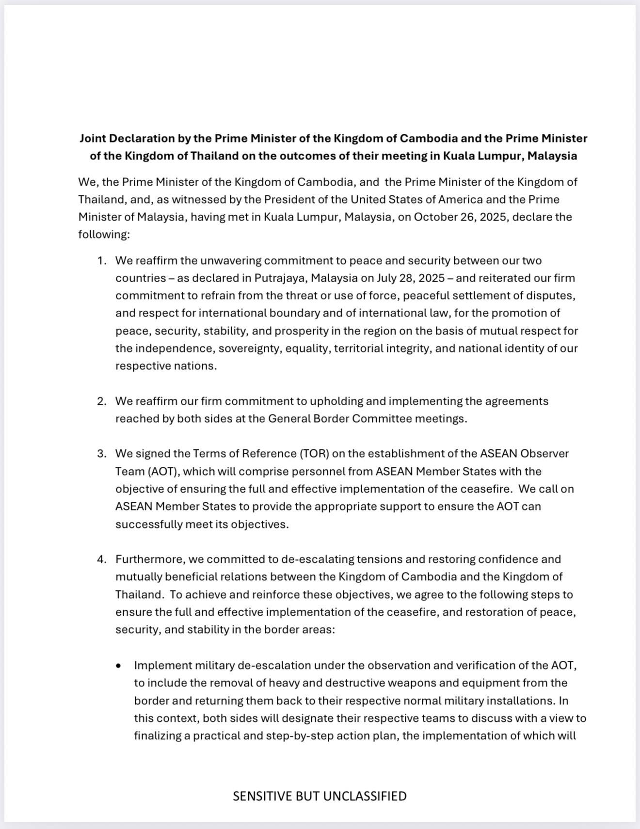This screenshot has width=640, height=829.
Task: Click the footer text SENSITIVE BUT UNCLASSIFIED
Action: [320, 797]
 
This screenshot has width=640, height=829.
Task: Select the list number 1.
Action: [101, 261]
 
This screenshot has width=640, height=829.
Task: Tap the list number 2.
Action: [101, 401]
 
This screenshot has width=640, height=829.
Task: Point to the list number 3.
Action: [101, 454]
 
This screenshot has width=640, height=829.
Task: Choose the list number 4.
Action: [101, 559]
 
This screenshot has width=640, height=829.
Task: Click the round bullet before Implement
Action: [119, 666]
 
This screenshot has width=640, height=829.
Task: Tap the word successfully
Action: [148, 525]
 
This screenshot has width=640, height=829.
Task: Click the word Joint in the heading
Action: [93, 139]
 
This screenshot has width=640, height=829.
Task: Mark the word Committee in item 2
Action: [382, 419]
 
